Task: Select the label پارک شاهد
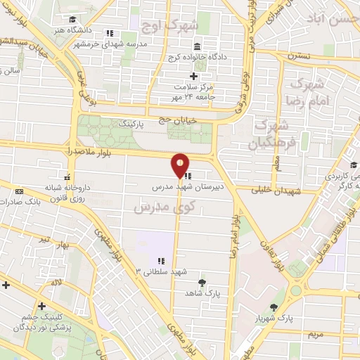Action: (x=202, y=292)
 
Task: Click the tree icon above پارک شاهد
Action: (x=202, y=282)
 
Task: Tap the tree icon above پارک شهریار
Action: (x=274, y=307)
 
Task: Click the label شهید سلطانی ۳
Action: (x=161, y=271)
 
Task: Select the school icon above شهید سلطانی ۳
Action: (x=161, y=261)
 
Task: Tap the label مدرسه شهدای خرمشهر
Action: (x=108, y=44)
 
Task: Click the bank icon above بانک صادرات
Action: (x=18, y=192)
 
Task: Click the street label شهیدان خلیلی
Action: (x=279, y=191)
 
